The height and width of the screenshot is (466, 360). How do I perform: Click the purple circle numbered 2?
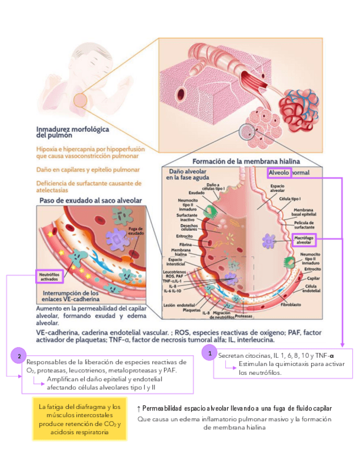click(x=19, y=357)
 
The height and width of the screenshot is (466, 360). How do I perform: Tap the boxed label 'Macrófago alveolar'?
click(x=304, y=240)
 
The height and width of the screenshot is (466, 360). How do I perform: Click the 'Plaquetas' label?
click(x=190, y=309)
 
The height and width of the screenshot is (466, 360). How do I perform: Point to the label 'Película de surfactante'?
click(x=304, y=225)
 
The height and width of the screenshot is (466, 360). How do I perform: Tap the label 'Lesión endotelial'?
click(x=176, y=304)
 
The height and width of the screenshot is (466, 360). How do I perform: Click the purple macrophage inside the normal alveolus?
click(x=269, y=241)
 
